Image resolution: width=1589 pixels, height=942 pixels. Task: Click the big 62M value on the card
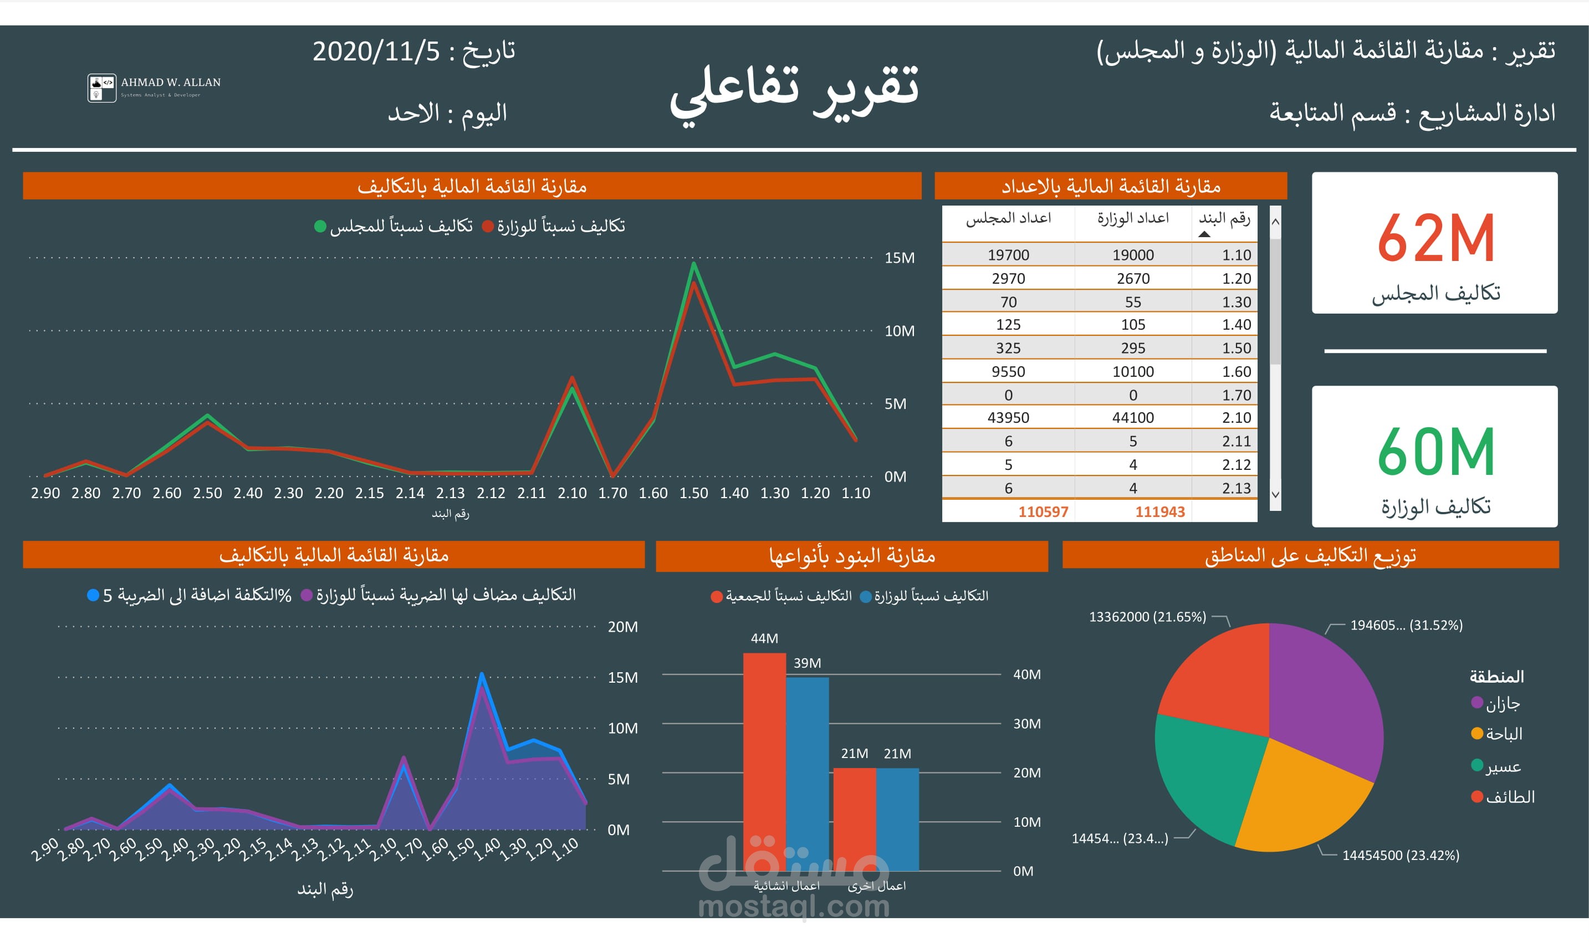1435,238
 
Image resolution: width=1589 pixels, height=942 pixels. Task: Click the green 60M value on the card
1435,452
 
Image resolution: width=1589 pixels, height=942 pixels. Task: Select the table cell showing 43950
1008,418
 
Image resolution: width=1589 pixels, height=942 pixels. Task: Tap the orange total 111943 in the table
1159,511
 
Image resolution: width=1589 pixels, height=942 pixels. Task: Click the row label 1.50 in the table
1235,348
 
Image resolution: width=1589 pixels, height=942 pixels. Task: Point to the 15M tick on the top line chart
899,258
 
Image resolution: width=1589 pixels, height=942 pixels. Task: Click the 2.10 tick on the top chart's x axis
571,493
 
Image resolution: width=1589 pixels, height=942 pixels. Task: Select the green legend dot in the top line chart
320,226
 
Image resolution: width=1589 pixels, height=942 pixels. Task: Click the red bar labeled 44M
764,762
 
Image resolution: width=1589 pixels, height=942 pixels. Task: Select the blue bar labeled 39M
807,775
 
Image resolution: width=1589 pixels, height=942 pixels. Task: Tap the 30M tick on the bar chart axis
1026,724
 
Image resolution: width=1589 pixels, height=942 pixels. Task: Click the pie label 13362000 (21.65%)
1147,617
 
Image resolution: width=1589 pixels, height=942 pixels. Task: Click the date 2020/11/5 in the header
376,52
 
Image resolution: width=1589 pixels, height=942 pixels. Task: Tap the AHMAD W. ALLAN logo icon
101,88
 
